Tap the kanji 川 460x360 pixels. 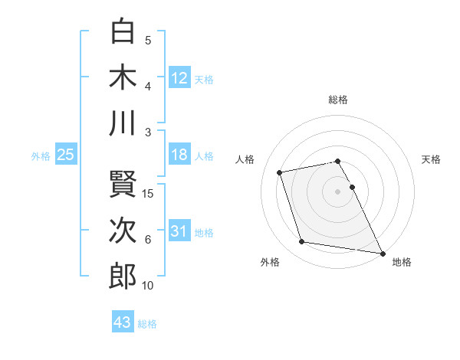pos(123,123)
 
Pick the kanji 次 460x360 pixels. pos(123,230)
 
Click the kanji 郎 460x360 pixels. pos(123,276)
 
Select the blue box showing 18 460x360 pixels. pos(179,155)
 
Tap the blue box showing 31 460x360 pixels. pos(179,231)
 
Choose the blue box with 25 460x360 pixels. pos(65,155)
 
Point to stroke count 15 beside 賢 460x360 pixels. pos(148,193)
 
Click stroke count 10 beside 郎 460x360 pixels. pos(148,286)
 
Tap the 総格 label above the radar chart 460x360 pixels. pos(338,100)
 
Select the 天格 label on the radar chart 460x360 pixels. pos(432,159)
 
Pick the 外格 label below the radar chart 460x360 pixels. pos(270,262)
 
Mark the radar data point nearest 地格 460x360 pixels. pos(383,253)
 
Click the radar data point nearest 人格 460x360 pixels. pos(280,172)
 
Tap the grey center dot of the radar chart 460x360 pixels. pos(338,191)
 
